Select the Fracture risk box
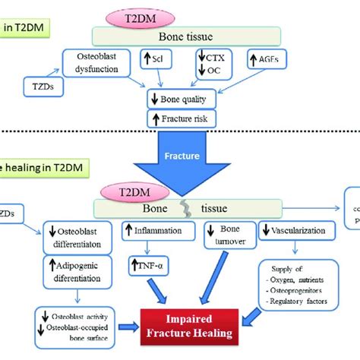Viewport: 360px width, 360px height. point(181,119)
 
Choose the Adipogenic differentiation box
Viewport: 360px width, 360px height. point(74,271)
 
